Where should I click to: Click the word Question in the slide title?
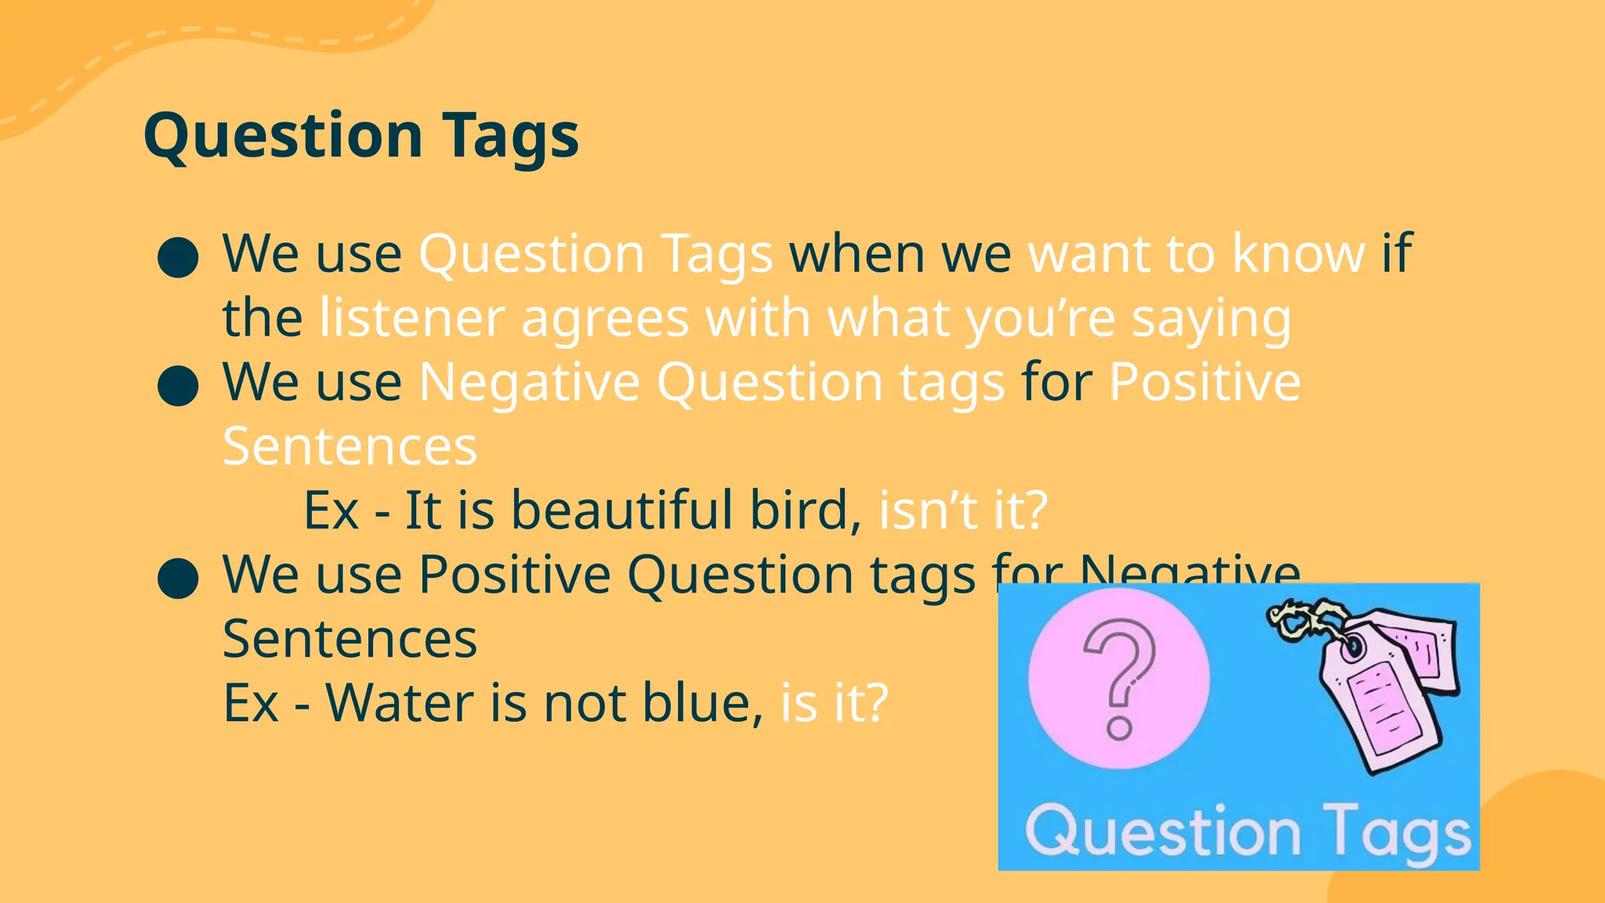click(283, 136)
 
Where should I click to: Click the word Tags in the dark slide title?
click(510, 136)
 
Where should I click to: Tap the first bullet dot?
click(178, 257)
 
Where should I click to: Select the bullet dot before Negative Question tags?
click(178, 385)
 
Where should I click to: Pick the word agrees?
click(605, 320)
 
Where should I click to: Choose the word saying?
click(1212, 320)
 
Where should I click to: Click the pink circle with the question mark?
click(1118, 679)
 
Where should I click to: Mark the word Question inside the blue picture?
click(1163, 831)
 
